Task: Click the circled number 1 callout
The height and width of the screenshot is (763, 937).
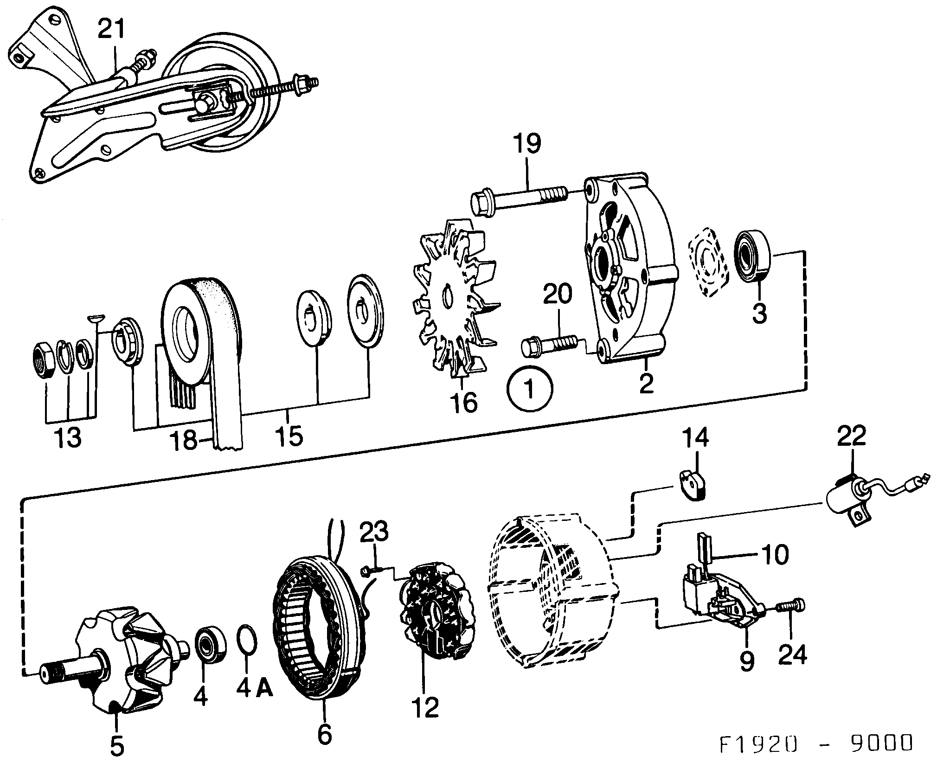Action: tap(529, 389)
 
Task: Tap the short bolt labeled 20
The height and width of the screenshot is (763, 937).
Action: tap(550, 347)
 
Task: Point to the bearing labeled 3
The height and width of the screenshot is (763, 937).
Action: tap(752, 261)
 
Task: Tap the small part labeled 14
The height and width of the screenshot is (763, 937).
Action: tap(694, 484)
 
